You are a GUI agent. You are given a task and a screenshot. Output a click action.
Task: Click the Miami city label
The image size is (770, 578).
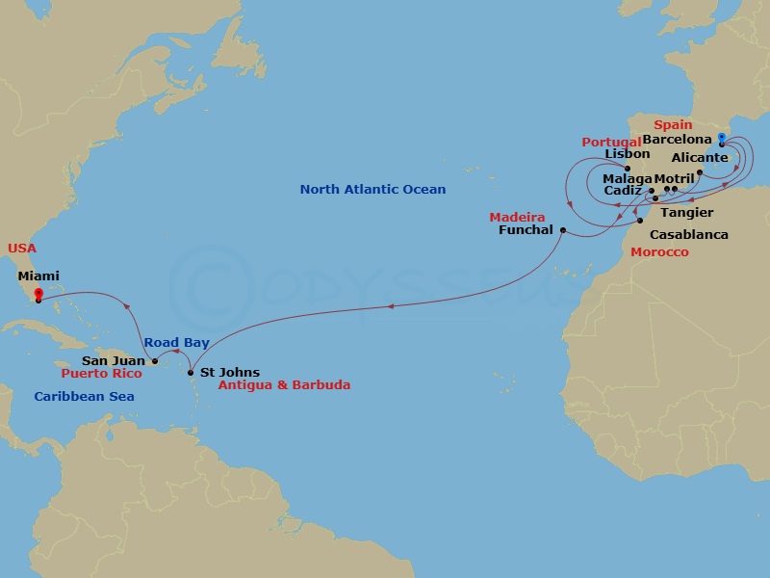pyautogui.click(x=38, y=276)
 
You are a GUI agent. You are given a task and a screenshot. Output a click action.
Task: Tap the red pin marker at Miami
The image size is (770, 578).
pyautogui.click(x=38, y=295)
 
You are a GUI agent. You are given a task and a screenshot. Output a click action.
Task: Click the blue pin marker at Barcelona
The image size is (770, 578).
pyautogui.click(x=722, y=140)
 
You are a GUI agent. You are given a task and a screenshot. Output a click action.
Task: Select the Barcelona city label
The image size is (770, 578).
pyautogui.click(x=677, y=139)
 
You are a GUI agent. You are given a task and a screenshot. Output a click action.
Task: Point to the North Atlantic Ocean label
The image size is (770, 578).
pyautogui.click(x=372, y=190)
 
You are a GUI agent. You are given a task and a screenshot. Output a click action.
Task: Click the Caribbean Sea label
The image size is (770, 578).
pyautogui.click(x=84, y=396)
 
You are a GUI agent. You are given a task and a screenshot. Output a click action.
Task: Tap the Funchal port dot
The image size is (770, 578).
pyautogui.click(x=562, y=230)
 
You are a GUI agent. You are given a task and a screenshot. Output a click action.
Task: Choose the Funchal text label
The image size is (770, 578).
pyautogui.click(x=526, y=230)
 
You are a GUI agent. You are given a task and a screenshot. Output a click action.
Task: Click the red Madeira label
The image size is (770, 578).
pyautogui.click(x=517, y=217)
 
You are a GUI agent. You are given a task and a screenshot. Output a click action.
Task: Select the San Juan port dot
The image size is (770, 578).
pyautogui.click(x=155, y=361)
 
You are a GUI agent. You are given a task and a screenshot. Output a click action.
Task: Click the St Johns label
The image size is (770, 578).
pyautogui.click(x=229, y=372)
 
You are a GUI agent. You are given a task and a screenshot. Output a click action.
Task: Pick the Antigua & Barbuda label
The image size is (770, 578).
pyautogui.click(x=284, y=385)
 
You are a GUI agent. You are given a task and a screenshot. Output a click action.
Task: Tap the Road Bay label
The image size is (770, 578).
pyautogui.click(x=175, y=343)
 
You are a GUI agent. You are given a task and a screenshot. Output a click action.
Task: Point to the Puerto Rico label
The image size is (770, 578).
pyautogui.click(x=101, y=373)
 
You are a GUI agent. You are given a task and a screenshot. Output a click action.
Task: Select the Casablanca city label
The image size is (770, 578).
pyautogui.click(x=689, y=234)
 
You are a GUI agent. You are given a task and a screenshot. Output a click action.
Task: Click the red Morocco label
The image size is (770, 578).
pyautogui.click(x=659, y=251)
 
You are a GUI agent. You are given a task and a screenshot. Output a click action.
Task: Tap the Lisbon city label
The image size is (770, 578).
pyautogui.click(x=628, y=154)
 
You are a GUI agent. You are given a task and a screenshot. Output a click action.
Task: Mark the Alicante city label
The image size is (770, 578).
pyautogui.click(x=700, y=158)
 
